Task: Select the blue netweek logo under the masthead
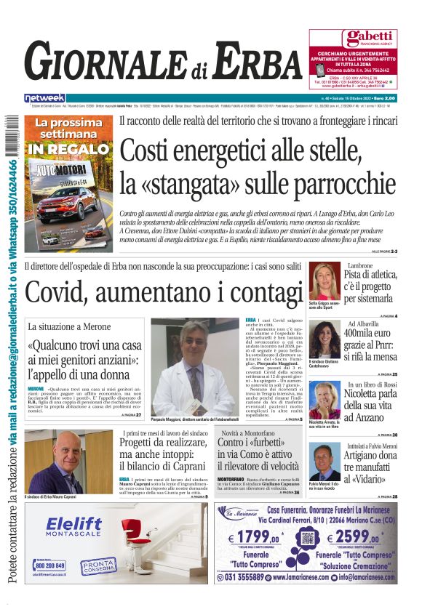point(44,97)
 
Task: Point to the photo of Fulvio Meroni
point(323,462)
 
